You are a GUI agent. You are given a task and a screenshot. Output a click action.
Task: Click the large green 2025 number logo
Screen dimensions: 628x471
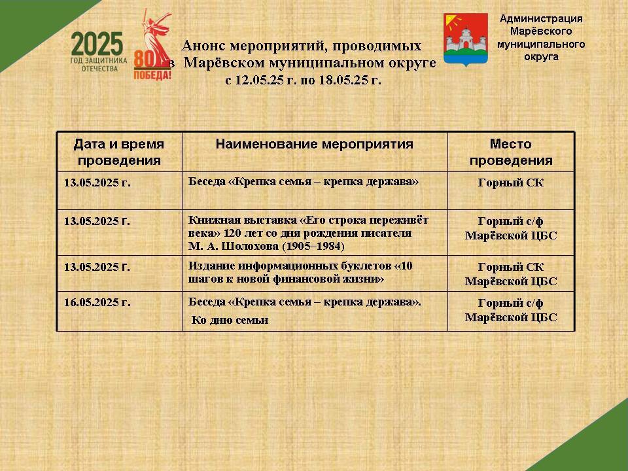(97, 44)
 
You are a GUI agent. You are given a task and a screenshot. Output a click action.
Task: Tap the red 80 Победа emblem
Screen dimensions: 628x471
(152, 45)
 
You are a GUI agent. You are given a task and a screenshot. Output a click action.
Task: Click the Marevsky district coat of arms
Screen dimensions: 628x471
(465, 39)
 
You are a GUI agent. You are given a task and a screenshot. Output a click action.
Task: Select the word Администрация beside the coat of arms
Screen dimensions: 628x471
(541, 18)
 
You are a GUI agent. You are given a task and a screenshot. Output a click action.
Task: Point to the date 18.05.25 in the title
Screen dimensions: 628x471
(343, 80)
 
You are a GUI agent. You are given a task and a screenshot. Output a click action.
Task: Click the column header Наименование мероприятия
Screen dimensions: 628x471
(315, 144)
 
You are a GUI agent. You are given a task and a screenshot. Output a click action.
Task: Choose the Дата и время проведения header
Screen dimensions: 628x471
(119, 152)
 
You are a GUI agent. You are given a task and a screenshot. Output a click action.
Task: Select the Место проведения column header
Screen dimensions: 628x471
(511, 152)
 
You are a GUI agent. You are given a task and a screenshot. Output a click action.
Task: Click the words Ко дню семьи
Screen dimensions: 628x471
(230, 320)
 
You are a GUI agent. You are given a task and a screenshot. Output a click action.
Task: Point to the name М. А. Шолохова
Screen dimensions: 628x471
(234, 246)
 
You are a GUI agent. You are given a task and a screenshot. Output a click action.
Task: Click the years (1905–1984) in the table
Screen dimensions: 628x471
(313, 246)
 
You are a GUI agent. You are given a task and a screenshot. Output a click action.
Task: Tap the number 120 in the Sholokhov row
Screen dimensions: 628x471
(232, 233)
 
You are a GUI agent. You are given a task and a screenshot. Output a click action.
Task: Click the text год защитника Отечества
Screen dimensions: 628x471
(99, 65)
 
